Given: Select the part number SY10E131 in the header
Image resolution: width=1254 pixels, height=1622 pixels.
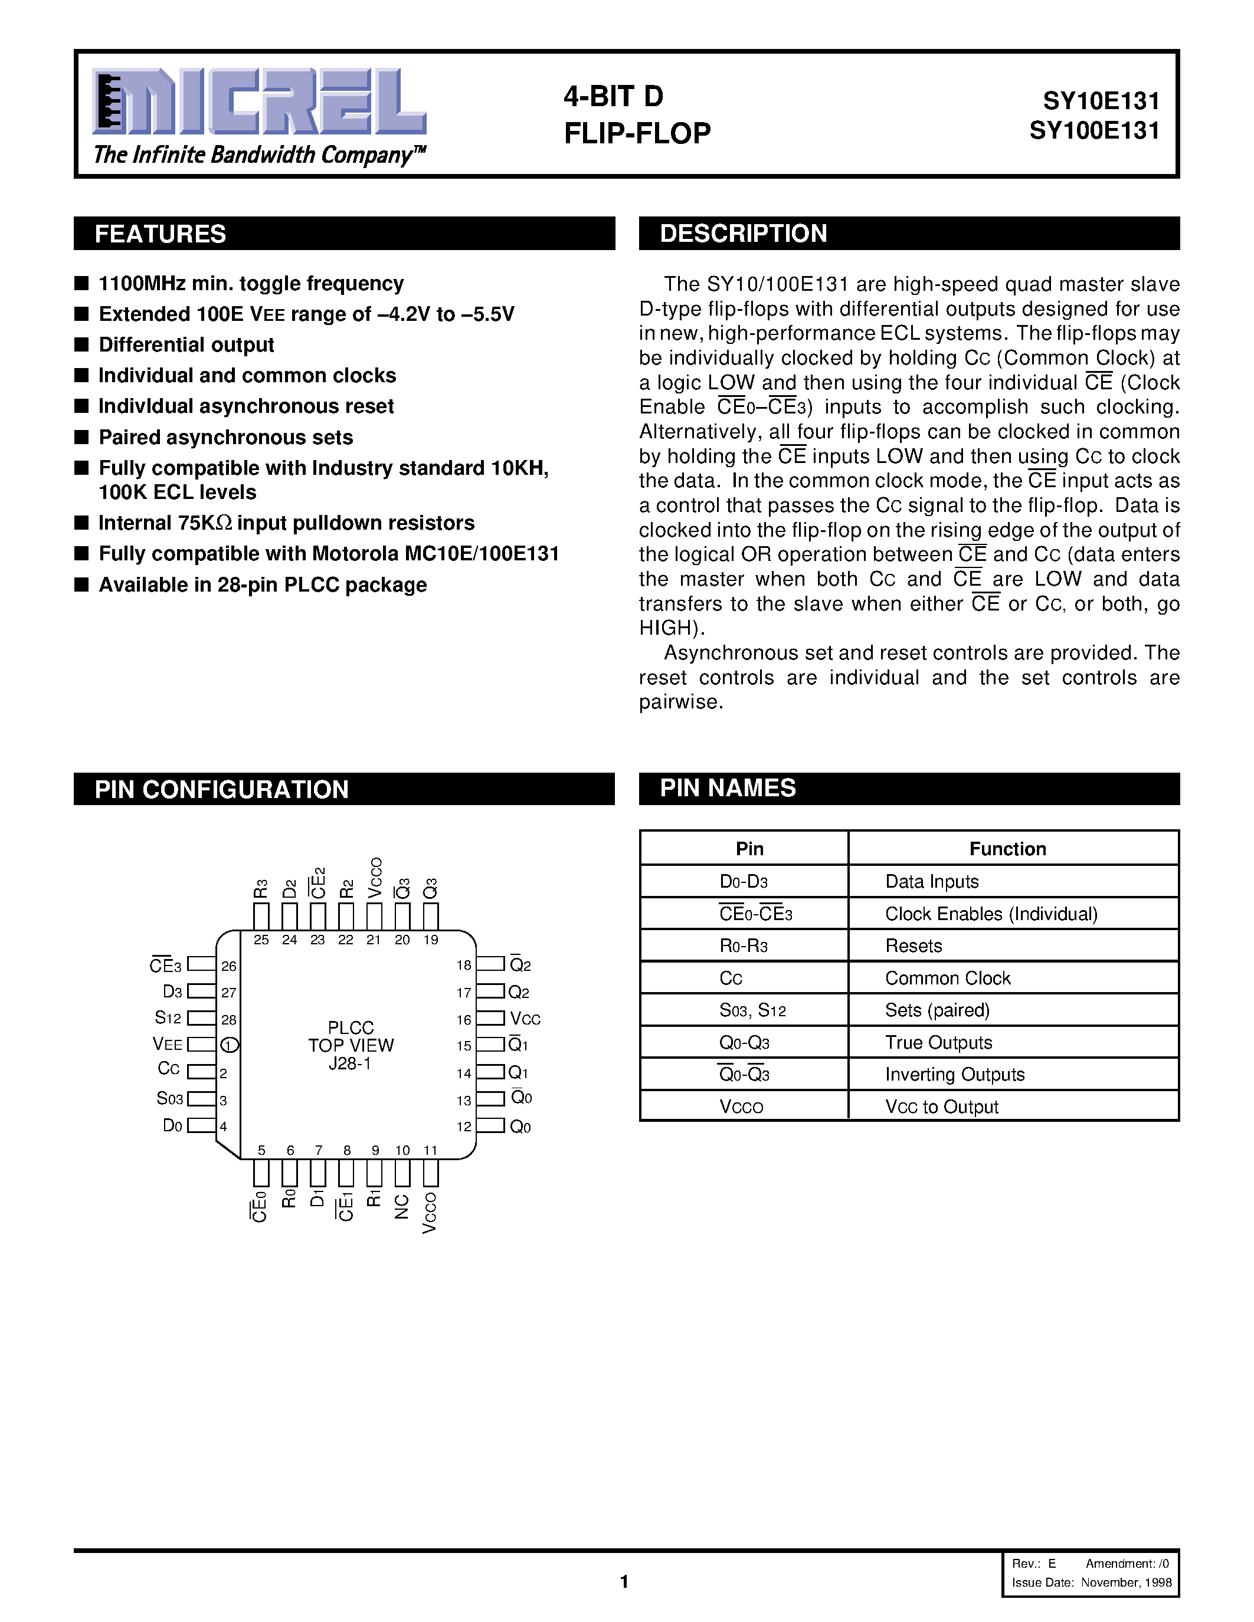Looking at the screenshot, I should pos(1101,100).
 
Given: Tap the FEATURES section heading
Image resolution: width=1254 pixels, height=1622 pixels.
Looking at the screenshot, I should pos(161,234).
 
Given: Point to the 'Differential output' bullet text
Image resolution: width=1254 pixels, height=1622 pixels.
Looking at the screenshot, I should pos(186,344).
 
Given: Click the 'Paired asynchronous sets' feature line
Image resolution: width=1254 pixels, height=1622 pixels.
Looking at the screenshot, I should pos(226,438).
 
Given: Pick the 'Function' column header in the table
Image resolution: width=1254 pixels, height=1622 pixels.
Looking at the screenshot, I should pos(1007,849).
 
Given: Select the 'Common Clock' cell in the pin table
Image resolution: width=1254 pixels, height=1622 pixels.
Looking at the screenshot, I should pos(947,978).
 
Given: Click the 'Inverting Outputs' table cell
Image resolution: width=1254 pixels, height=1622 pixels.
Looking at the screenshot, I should pos(955,1075).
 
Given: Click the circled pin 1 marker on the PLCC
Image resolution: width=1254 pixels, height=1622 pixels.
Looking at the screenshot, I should pos(230,1046).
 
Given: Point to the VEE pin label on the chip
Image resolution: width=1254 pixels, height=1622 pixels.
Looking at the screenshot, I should pos(167,1044).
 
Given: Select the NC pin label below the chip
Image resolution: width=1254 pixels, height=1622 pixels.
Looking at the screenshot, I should pos(402,1207).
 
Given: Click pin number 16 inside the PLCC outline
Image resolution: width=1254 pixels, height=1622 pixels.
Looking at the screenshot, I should pos(464,1020).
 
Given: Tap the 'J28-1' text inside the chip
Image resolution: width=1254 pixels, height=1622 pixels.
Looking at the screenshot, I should pos(350,1064).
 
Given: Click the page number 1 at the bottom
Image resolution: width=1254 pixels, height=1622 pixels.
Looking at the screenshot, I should pos(624,1581).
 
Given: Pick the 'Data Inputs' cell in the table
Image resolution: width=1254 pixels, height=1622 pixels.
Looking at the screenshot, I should pos(932,882).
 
